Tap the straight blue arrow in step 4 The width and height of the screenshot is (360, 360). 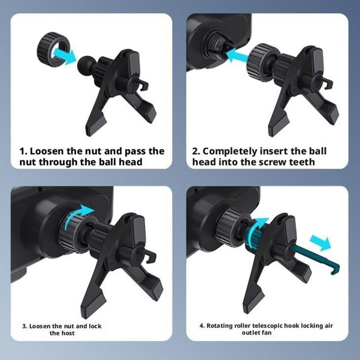[320, 243]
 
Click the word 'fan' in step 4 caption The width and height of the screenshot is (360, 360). [267, 333]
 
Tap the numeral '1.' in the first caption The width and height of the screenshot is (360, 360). [23, 151]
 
